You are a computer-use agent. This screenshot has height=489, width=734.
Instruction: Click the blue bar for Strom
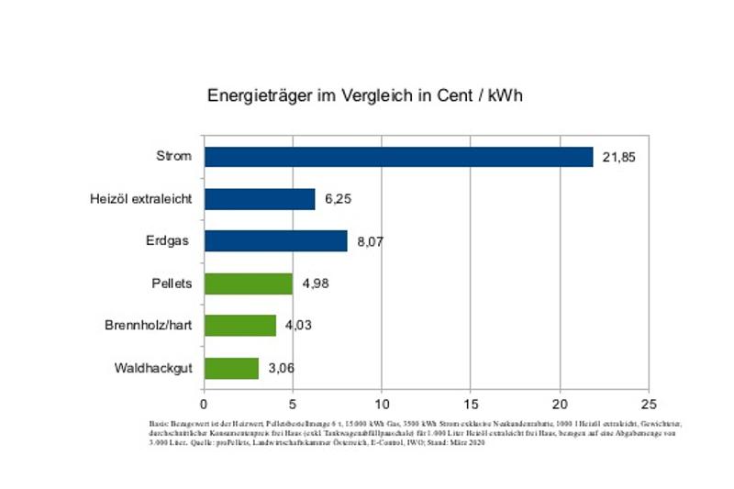[x=398, y=157]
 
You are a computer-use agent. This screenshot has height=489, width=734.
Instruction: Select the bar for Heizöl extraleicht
[x=260, y=199]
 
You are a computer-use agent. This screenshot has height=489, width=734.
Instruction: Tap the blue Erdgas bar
[x=275, y=241]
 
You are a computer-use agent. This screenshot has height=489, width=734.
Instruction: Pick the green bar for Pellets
[x=248, y=283]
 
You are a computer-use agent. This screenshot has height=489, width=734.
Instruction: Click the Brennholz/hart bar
[x=239, y=326]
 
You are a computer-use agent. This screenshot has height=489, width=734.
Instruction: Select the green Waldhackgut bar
[x=231, y=368]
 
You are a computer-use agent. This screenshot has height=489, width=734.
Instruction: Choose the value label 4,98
[x=314, y=284]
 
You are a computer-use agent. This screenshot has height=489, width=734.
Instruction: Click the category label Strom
[x=174, y=157]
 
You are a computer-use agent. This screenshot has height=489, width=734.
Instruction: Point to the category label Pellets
[x=172, y=283]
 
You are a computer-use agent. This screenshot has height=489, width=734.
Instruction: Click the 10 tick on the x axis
[x=382, y=403]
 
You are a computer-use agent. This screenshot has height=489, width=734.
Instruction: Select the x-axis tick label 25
[x=649, y=403]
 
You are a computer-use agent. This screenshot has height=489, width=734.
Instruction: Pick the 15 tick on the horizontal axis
[x=471, y=403]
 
